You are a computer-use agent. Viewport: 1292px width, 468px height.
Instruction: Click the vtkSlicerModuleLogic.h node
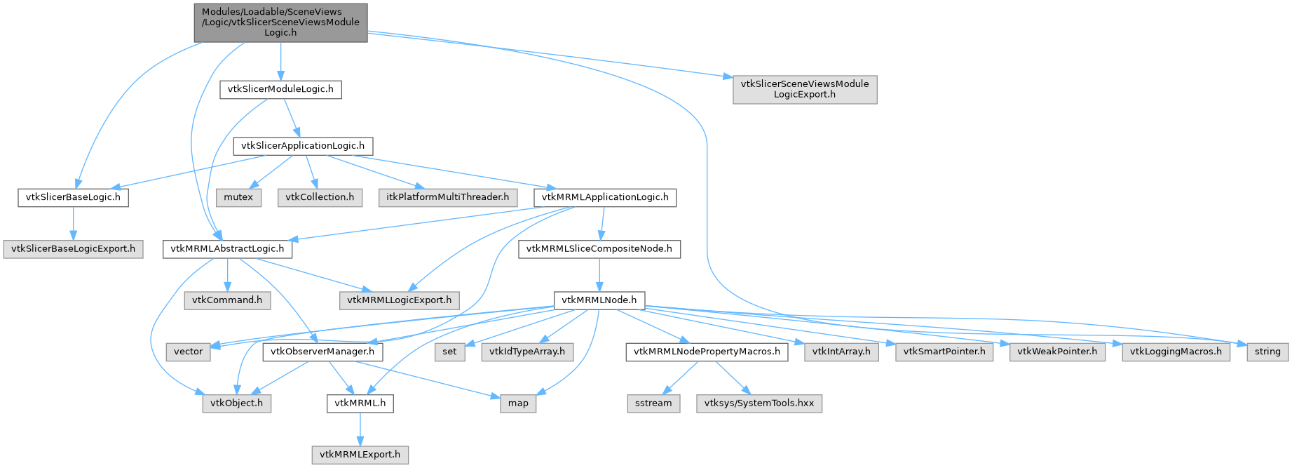(x=280, y=90)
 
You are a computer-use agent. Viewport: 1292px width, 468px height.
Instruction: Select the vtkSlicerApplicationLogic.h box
(x=303, y=146)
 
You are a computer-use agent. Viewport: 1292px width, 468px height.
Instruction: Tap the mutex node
(x=238, y=197)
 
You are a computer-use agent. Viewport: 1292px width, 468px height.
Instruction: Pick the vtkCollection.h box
(x=320, y=197)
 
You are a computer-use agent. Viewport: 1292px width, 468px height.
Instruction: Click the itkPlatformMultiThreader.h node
(x=448, y=197)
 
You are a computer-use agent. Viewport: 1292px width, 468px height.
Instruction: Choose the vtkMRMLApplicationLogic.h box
(x=605, y=197)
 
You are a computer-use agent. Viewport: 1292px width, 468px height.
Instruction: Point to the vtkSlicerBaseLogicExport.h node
(x=73, y=249)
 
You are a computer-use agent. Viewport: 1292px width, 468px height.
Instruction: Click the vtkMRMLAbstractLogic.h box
(x=227, y=249)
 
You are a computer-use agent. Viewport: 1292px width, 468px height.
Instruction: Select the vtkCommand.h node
(x=227, y=300)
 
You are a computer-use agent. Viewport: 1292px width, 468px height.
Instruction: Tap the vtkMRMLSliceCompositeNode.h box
(x=599, y=249)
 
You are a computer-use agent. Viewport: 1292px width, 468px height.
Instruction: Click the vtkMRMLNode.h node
(x=599, y=300)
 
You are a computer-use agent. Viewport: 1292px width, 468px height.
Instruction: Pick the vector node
(x=189, y=352)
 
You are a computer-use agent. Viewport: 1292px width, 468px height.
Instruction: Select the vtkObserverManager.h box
(x=323, y=352)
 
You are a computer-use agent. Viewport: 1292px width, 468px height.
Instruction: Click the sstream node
(x=653, y=403)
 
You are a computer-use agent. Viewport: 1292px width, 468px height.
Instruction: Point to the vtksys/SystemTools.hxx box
(x=759, y=403)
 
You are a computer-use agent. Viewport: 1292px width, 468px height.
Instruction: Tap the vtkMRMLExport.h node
(x=360, y=455)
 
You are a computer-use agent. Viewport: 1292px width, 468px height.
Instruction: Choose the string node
(x=1267, y=352)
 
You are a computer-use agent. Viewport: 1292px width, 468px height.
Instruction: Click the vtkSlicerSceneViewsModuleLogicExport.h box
(x=805, y=89)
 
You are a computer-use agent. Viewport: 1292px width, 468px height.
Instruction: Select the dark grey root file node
(x=280, y=22)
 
